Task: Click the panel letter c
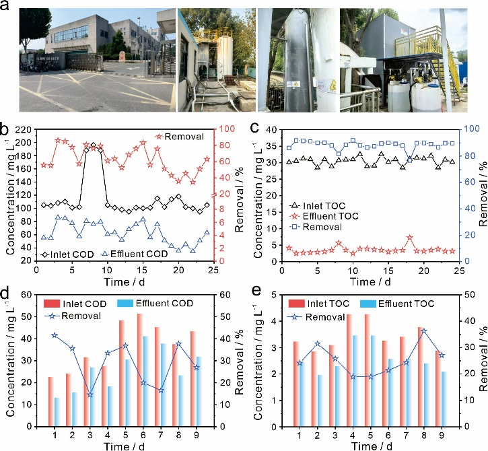(x=254, y=128)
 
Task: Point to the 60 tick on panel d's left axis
(x=28, y=294)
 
